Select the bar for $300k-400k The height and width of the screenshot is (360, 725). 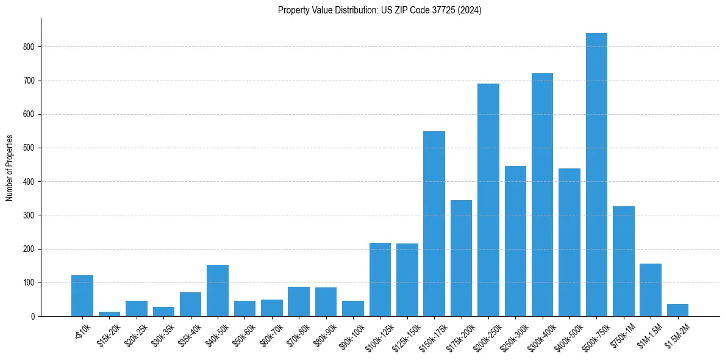point(542,195)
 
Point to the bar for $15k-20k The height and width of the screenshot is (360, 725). point(110,314)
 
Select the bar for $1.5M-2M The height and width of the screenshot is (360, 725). point(677,310)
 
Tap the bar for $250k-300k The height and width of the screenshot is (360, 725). point(515,241)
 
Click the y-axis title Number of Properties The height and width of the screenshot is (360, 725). point(10,168)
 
